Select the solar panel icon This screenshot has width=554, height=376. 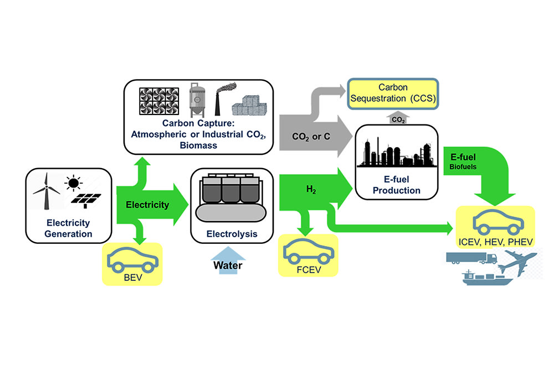click(86, 202)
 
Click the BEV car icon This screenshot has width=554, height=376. click(132, 258)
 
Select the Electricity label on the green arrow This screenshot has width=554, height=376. click(147, 205)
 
